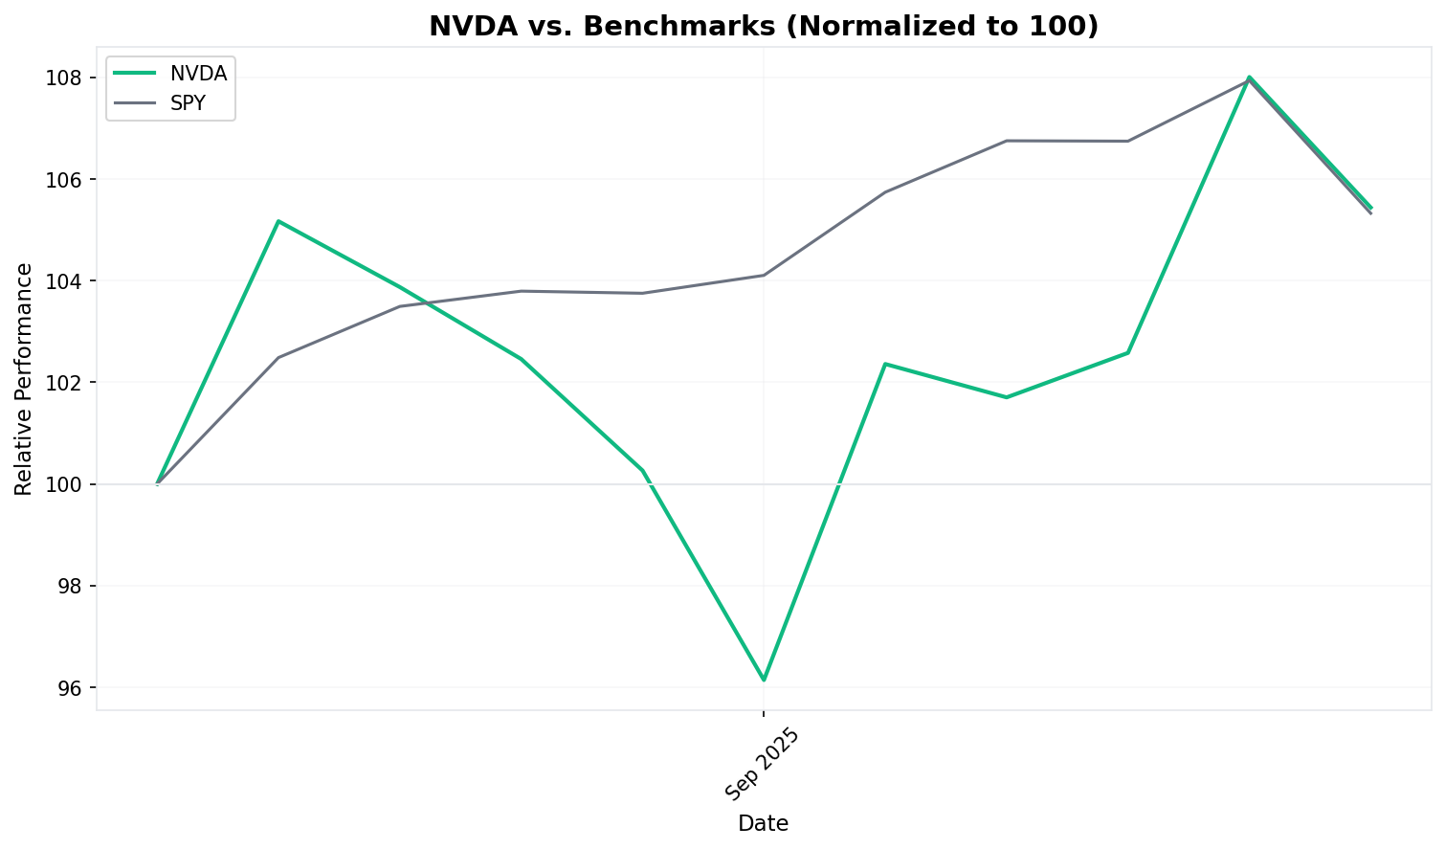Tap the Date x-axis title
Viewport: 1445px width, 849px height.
[763, 823]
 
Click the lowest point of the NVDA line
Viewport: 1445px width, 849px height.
[764, 681]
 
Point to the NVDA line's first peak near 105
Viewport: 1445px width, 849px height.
[278, 221]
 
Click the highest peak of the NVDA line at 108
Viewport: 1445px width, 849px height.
[1250, 77]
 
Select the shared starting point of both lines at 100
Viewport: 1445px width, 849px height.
[157, 484]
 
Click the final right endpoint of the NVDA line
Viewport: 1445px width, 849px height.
[1370, 208]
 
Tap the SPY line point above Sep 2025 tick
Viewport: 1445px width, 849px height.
[764, 275]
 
